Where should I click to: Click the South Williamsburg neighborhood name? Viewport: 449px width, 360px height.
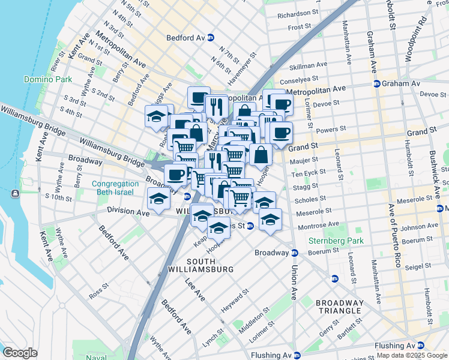pyautogui.click(x=209, y=265)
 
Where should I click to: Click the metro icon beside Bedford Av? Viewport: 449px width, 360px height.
pyautogui.click(x=210, y=37)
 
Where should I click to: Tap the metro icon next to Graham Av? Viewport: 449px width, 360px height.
pyautogui.click(x=376, y=83)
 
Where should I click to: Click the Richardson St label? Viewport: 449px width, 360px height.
pyautogui.click(x=298, y=13)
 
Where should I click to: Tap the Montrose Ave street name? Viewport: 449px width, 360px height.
pyautogui.click(x=318, y=226)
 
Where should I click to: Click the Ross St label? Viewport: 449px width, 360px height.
pyautogui.click(x=97, y=296)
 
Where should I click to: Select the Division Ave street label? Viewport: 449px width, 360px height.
pyautogui.click(x=127, y=211)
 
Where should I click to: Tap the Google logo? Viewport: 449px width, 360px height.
pyautogui.click(x=20, y=353)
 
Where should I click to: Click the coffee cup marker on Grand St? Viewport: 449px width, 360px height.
pyautogui.click(x=281, y=134)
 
